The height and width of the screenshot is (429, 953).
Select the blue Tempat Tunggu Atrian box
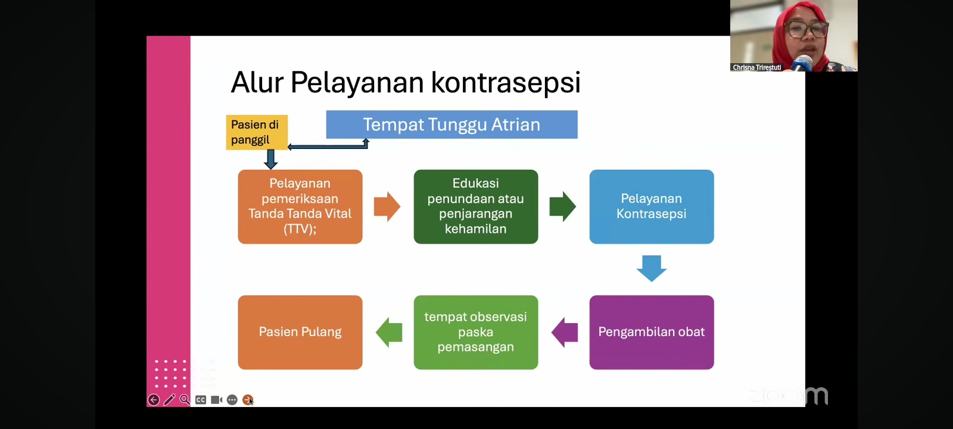click(451, 125)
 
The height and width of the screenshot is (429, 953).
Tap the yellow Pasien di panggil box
click(256, 132)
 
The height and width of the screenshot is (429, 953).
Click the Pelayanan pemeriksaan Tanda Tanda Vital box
click(300, 206)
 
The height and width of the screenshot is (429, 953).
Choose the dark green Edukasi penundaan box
click(475, 206)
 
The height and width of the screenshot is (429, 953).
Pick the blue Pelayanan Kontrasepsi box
click(651, 206)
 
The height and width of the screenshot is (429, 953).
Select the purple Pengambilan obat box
click(651, 332)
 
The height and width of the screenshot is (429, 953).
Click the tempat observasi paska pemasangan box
click(475, 332)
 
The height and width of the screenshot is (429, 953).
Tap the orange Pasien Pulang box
click(300, 332)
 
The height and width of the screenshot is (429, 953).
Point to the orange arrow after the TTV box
click(387, 207)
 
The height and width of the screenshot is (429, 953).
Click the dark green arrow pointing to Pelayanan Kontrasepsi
click(562, 207)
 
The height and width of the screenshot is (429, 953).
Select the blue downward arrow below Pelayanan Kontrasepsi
click(651, 268)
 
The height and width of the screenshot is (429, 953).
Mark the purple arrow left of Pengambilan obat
click(565, 332)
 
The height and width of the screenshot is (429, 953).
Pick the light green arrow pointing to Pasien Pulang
click(389, 332)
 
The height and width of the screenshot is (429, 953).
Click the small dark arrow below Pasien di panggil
click(270, 159)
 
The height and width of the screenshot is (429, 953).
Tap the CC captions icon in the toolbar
click(201, 400)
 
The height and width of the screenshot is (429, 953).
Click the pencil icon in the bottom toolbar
click(169, 400)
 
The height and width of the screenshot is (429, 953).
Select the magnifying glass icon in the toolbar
click(185, 400)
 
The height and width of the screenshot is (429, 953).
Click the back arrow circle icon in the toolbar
click(154, 400)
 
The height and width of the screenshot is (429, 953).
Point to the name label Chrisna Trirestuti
click(756, 67)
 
